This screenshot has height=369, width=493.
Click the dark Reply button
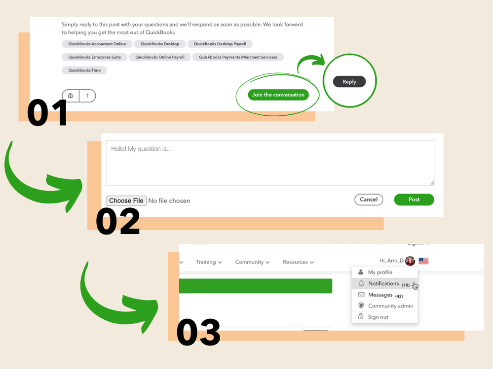tap(349, 82)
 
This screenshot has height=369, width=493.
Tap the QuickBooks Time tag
tap(84, 70)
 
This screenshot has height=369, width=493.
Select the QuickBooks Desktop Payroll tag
tap(220, 44)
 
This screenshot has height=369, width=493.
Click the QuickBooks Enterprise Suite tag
tap(94, 57)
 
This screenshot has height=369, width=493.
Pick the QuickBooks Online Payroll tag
tap(159, 57)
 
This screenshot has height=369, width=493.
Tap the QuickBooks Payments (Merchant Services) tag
tap(238, 57)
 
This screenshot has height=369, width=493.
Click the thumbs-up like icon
tap(71, 96)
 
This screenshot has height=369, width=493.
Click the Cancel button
tap(369, 200)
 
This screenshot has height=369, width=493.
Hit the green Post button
tap(414, 200)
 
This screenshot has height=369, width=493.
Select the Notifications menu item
tap(383, 284)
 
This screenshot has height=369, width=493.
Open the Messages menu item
tap(380, 295)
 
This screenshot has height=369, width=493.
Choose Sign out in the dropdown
tap(378, 317)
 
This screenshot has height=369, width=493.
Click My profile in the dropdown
tap(380, 272)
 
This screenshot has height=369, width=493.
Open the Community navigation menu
tap(252, 262)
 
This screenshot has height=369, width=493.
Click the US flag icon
tap(423, 261)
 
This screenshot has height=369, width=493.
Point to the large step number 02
tap(118, 222)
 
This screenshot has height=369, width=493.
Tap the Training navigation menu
tap(209, 262)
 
